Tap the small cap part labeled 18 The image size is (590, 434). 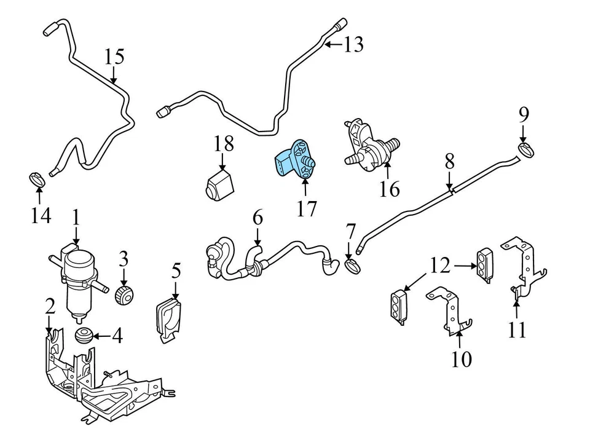point(219,184)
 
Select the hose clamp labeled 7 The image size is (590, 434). point(352,266)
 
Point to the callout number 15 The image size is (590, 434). point(114,57)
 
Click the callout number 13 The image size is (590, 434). point(353,44)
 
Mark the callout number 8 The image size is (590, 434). point(449,162)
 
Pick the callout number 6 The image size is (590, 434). point(257,217)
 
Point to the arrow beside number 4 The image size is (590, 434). point(101,336)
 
